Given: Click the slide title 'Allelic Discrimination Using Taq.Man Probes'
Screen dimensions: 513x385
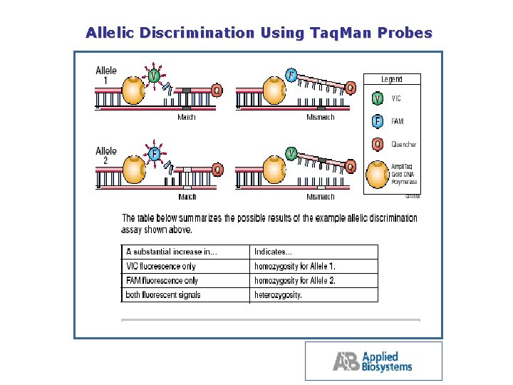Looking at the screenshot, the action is coord(259,33).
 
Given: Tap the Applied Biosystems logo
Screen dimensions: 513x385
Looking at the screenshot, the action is coord(373,361).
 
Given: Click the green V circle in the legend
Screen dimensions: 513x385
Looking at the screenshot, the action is coord(378,98).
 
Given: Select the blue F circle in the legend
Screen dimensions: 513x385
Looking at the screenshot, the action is coord(378,121).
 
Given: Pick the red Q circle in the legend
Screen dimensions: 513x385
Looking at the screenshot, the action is coord(378,144).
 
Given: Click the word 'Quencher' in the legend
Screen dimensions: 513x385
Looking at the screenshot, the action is coord(404,145).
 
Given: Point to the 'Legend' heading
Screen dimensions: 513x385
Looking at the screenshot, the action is coord(391,79).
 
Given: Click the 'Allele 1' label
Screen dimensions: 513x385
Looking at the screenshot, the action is coord(106,76).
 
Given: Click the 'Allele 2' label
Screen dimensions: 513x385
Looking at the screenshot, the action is coord(106,156).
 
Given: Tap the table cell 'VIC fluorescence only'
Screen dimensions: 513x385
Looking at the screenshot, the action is coord(161,266).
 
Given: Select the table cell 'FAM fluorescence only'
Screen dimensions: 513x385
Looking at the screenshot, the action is coord(162,280).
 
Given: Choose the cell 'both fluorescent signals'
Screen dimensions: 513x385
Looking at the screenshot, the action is coord(163,294).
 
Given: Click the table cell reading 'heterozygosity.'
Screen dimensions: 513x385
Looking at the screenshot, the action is coord(279,294).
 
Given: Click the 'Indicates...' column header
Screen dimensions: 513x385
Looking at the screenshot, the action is coord(273,252).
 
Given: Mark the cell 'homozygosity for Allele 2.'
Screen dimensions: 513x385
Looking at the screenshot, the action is coord(295,280).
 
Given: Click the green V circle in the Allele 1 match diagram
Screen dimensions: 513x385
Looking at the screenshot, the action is coord(154,74).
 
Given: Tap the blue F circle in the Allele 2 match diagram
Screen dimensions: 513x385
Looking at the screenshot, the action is coord(154,154).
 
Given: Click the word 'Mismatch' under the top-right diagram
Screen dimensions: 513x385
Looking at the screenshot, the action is coord(321,117).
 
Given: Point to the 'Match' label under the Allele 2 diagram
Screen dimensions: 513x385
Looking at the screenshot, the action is coord(187,197).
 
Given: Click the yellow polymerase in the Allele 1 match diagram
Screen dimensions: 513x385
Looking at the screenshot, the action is coord(133,91).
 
